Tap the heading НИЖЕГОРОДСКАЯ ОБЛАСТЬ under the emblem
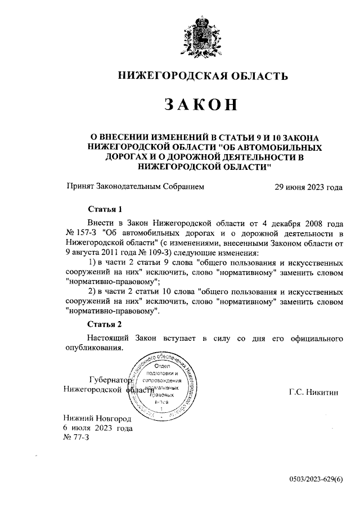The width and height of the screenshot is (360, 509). click(202, 75)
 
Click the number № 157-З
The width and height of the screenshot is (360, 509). click(82, 232)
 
